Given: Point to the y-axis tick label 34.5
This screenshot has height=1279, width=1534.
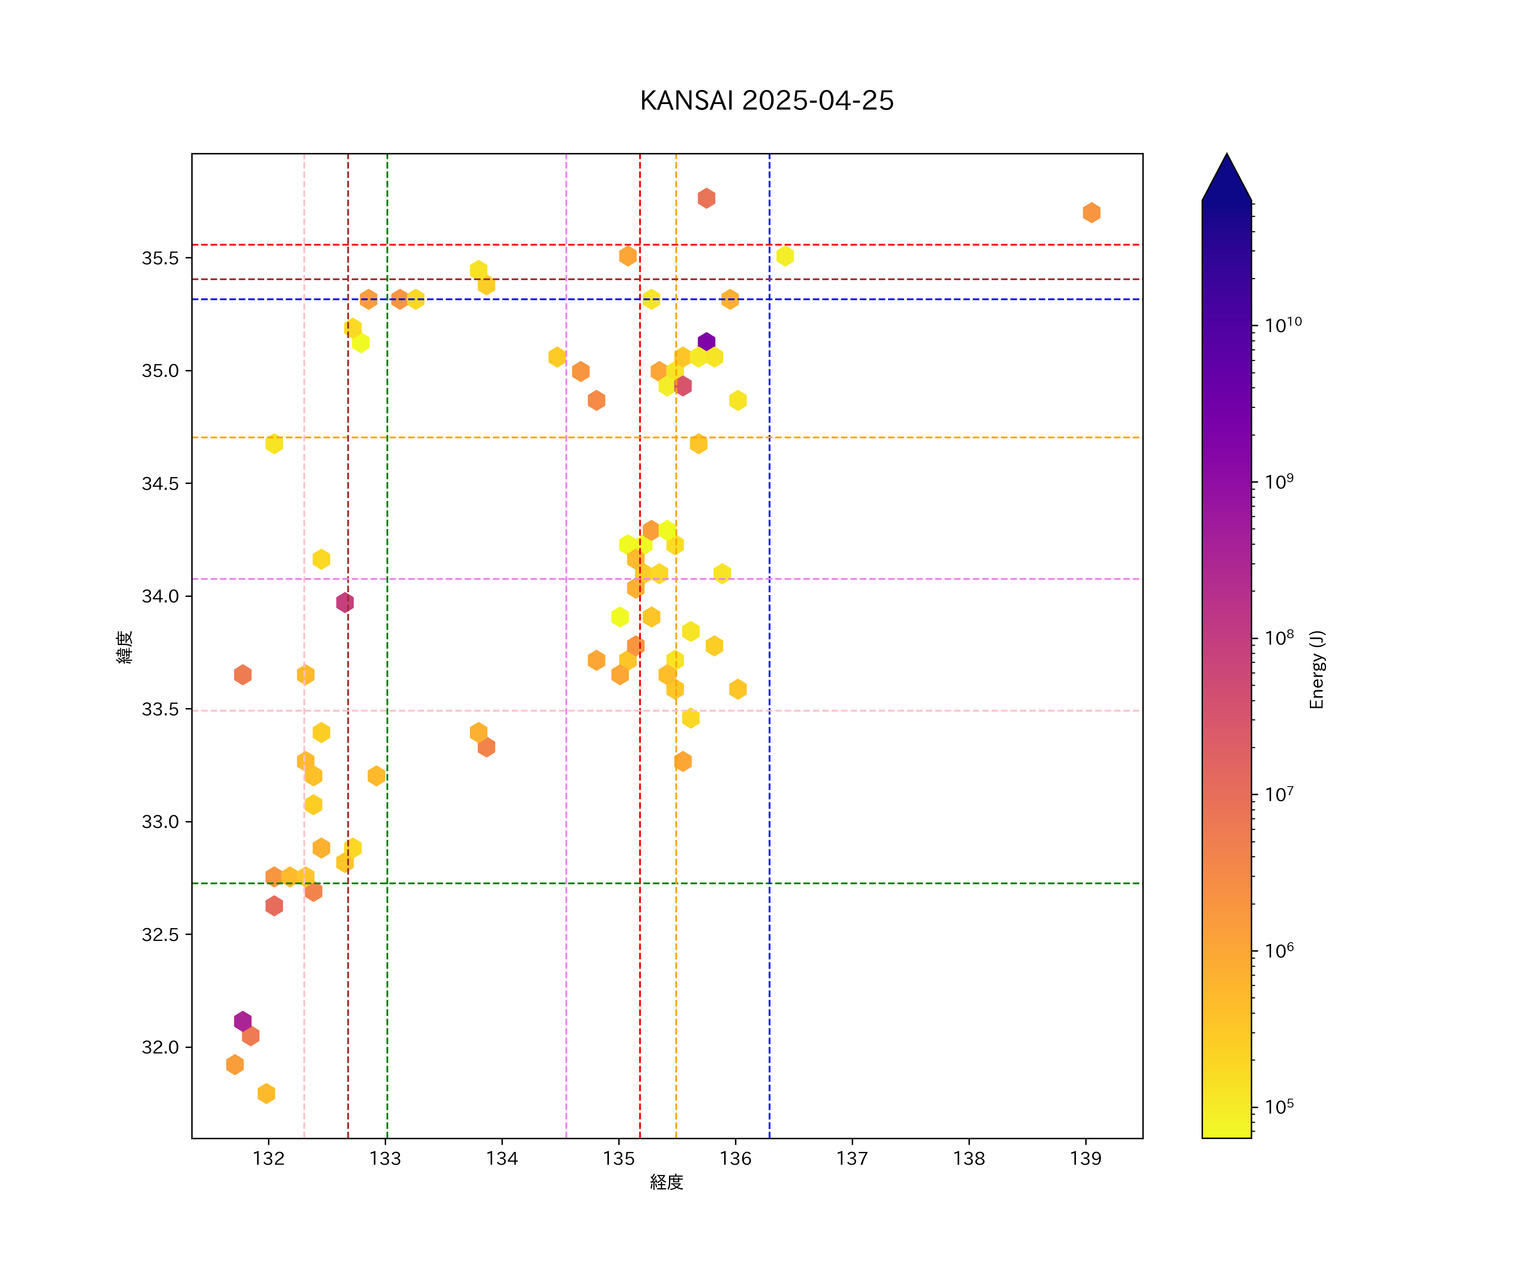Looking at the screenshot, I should pos(160,484).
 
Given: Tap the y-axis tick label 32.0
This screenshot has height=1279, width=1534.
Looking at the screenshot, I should pos(160,1048).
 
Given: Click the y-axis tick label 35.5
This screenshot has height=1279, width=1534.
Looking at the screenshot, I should pos(160,258).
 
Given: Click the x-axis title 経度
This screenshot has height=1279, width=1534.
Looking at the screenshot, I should pos(666,1183).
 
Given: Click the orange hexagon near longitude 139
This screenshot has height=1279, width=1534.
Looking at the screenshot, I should pos(1091,213).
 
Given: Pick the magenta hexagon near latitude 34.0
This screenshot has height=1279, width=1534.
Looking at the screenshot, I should pos(345,602).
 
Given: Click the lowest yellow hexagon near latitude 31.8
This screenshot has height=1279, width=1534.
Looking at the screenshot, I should pos(266,1094).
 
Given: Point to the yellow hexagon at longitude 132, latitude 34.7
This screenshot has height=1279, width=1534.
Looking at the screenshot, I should pos(274,444).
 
